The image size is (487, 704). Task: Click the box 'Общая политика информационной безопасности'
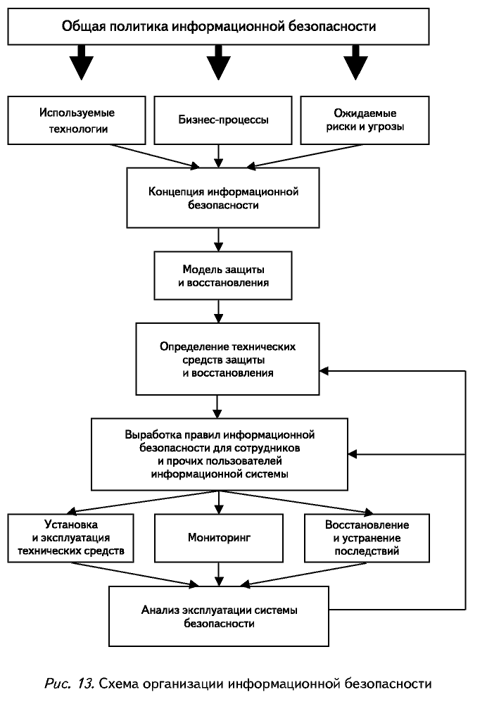pos(218,26)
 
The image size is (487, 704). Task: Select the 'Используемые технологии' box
pos(77,120)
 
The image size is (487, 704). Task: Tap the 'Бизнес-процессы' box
pos(223,120)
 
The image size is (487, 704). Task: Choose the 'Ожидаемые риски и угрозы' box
pos(365,120)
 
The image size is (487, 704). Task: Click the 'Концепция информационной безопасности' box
pos(223,198)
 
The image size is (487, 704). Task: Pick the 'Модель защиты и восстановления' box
pos(223,276)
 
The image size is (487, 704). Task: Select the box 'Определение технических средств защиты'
pos(227,359)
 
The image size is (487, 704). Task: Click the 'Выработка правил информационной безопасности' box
pos(220,454)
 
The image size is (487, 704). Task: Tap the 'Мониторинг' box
pos(219,538)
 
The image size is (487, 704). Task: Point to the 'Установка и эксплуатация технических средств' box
pos(71,538)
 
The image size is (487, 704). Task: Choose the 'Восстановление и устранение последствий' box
pos(367,538)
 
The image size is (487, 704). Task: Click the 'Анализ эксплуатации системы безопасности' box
pos(219,617)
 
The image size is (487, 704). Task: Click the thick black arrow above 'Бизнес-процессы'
pos(219,63)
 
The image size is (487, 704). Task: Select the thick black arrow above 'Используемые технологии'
pos(81,63)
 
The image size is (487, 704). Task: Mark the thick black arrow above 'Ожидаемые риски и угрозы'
pos(355,63)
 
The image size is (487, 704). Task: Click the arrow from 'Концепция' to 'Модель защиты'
pos(219,240)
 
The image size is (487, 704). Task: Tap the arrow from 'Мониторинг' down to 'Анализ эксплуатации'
pos(219,574)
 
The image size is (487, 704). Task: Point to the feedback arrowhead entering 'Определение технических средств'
pos(324,371)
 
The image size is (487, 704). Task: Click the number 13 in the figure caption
pos(85,684)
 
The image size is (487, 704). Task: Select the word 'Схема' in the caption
pos(118,684)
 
